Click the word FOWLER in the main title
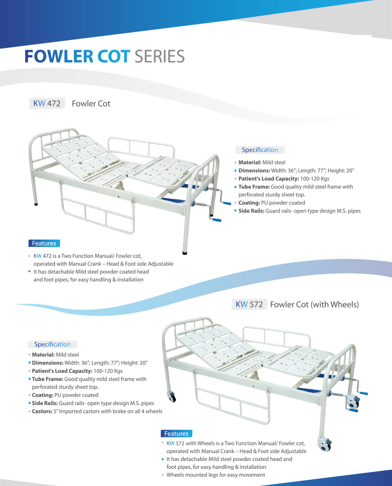(59, 56)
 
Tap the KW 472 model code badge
(47, 103)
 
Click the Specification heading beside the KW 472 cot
(260, 150)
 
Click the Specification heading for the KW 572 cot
(52, 344)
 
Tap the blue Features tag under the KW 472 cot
(44, 243)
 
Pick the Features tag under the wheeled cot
(176, 433)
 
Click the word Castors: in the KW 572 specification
(43, 411)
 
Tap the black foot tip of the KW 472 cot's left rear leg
(36, 204)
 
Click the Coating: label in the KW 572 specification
(43, 395)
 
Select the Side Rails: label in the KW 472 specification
(251, 211)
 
